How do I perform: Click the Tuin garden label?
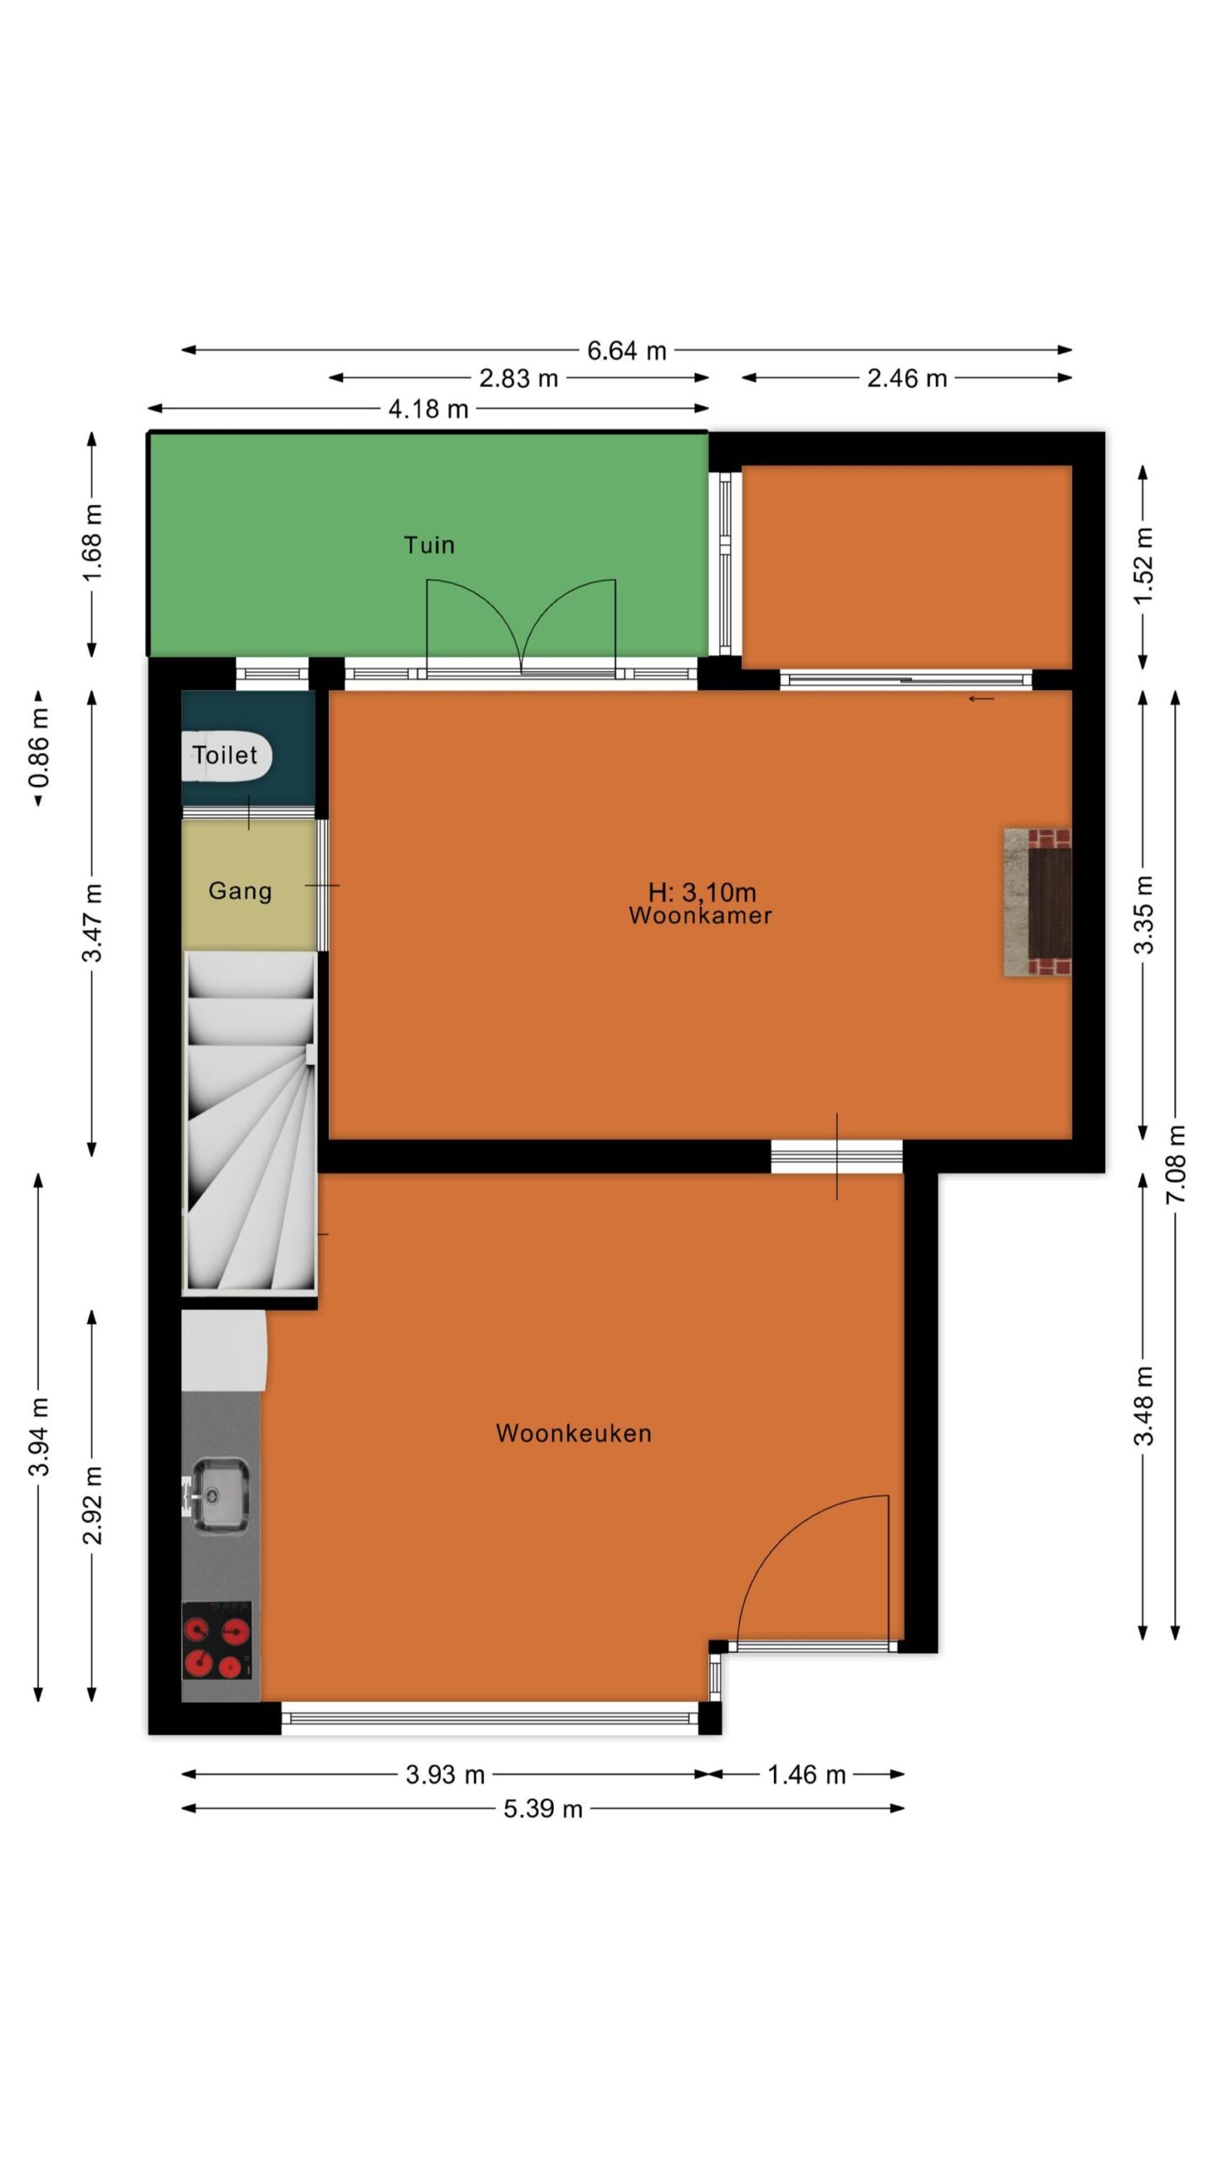click(429, 545)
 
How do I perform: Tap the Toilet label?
click(224, 754)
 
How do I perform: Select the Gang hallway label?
click(240, 891)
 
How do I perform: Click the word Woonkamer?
click(700, 915)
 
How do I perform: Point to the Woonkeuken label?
click(573, 1433)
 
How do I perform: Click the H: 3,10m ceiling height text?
click(701, 892)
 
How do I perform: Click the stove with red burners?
click(217, 1640)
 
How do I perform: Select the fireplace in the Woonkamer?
click(1037, 903)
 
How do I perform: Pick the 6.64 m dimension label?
click(626, 351)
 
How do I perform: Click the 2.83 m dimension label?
click(518, 378)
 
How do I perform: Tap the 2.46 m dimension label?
click(907, 378)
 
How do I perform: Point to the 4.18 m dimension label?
click(427, 409)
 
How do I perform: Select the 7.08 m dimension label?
click(1176, 1164)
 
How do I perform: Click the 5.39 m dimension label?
click(543, 1809)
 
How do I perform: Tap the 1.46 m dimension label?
click(806, 1775)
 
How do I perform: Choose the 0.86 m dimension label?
click(39, 748)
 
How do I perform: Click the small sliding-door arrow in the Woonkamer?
click(980, 699)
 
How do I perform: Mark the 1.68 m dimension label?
click(93, 543)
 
